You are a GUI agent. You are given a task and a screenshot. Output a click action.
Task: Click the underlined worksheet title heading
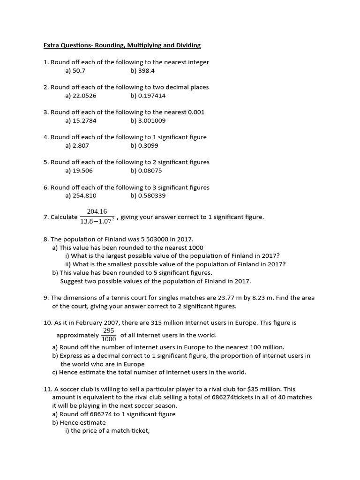point(122,45)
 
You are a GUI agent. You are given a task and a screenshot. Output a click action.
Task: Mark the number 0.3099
point(148,146)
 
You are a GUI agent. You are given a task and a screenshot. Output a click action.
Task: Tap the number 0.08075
point(150,171)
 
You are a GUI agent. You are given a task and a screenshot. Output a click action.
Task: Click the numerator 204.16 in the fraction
point(97,211)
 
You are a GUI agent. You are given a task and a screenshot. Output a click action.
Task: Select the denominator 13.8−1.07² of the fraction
point(97,221)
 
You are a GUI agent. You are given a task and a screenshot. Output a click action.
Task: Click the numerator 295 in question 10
point(109,330)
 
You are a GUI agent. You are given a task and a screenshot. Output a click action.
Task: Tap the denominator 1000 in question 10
point(109,339)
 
